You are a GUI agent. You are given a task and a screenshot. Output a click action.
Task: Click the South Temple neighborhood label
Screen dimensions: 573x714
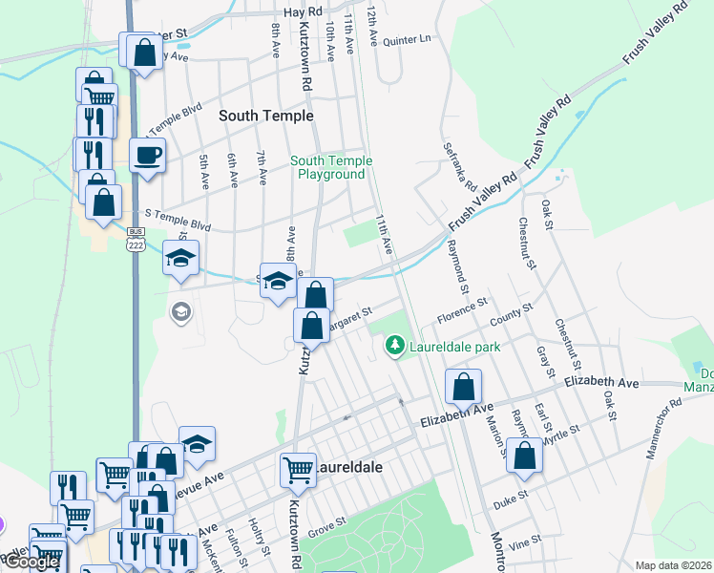click(x=265, y=116)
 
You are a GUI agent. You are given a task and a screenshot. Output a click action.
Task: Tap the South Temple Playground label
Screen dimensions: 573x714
click(x=331, y=168)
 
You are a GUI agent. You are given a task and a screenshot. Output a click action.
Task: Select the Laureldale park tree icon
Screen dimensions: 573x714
click(x=393, y=346)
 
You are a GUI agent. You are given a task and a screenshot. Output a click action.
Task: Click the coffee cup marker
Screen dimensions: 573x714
click(x=147, y=155)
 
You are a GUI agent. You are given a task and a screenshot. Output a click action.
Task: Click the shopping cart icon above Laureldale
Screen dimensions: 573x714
click(x=298, y=468)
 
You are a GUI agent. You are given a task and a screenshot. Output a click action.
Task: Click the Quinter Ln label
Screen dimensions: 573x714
click(x=408, y=40)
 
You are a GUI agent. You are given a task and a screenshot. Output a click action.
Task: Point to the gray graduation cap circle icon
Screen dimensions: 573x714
click(x=180, y=311)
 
